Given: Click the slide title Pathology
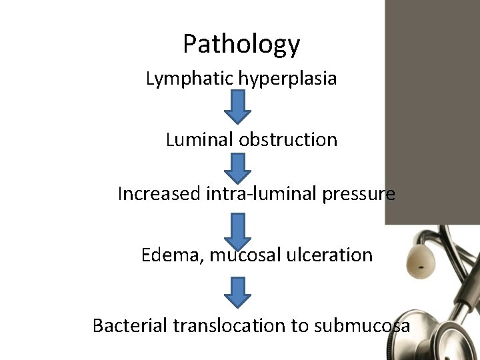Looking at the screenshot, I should [x=241, y=45].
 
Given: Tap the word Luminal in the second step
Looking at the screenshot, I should [x=197, y=140].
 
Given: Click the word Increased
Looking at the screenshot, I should [x=158, y=194].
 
